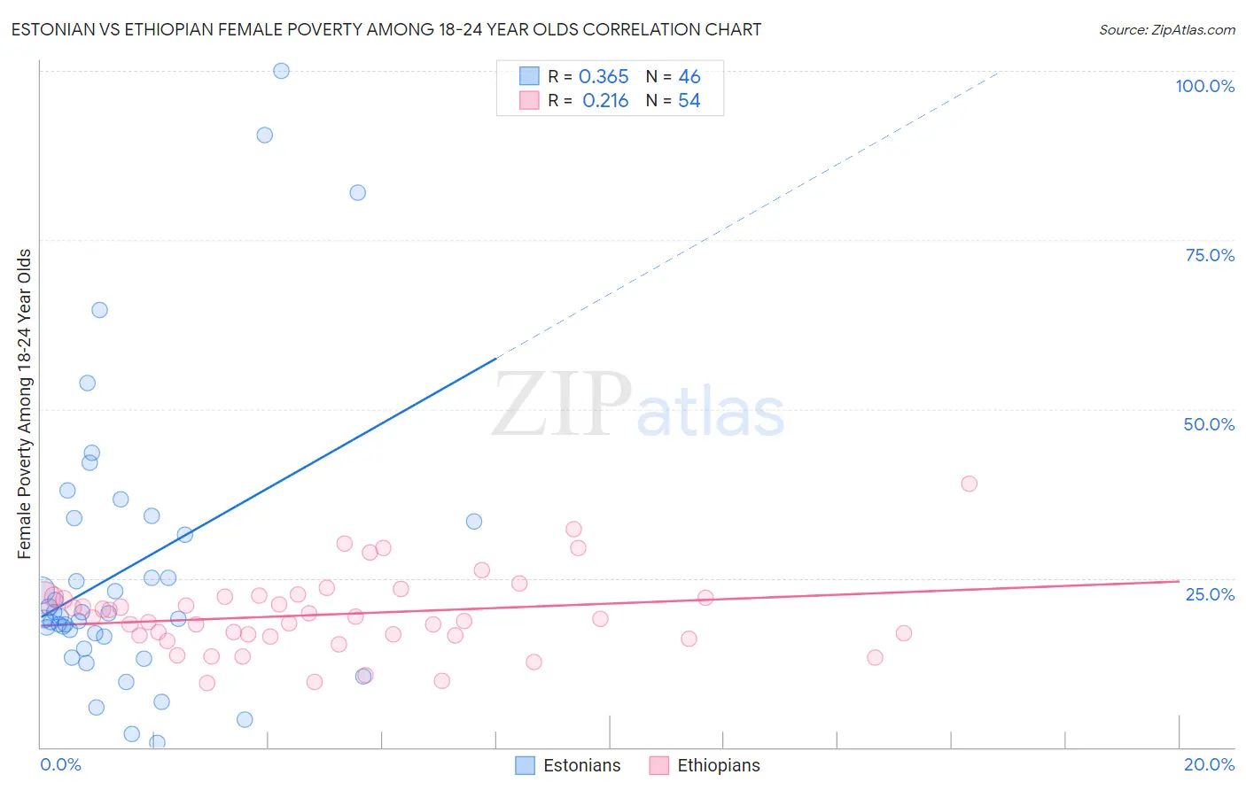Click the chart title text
click(386, 29)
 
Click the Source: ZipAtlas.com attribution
click(1166, 29)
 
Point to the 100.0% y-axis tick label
click(1204, 86)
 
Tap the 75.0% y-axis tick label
click(1210, 255)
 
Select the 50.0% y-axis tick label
click(1209, 424)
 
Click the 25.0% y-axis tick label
click(1210, 594)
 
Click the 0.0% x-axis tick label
click(60, 764)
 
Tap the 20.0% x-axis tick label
click(1209, 764)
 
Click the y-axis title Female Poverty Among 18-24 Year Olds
click(24, 404)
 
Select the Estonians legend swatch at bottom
click(526, 765)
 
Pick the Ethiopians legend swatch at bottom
click(659, 765)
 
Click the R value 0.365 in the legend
click(604, 77)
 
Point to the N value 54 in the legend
click(689, 101)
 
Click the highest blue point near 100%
click(281, 71)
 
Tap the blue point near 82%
click(358, 192)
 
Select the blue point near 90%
click(264, 135)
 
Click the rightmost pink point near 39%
click(969, 484)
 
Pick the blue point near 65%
click(99, 310)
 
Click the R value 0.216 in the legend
click(605, 101)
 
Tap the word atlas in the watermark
click(711, 413)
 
